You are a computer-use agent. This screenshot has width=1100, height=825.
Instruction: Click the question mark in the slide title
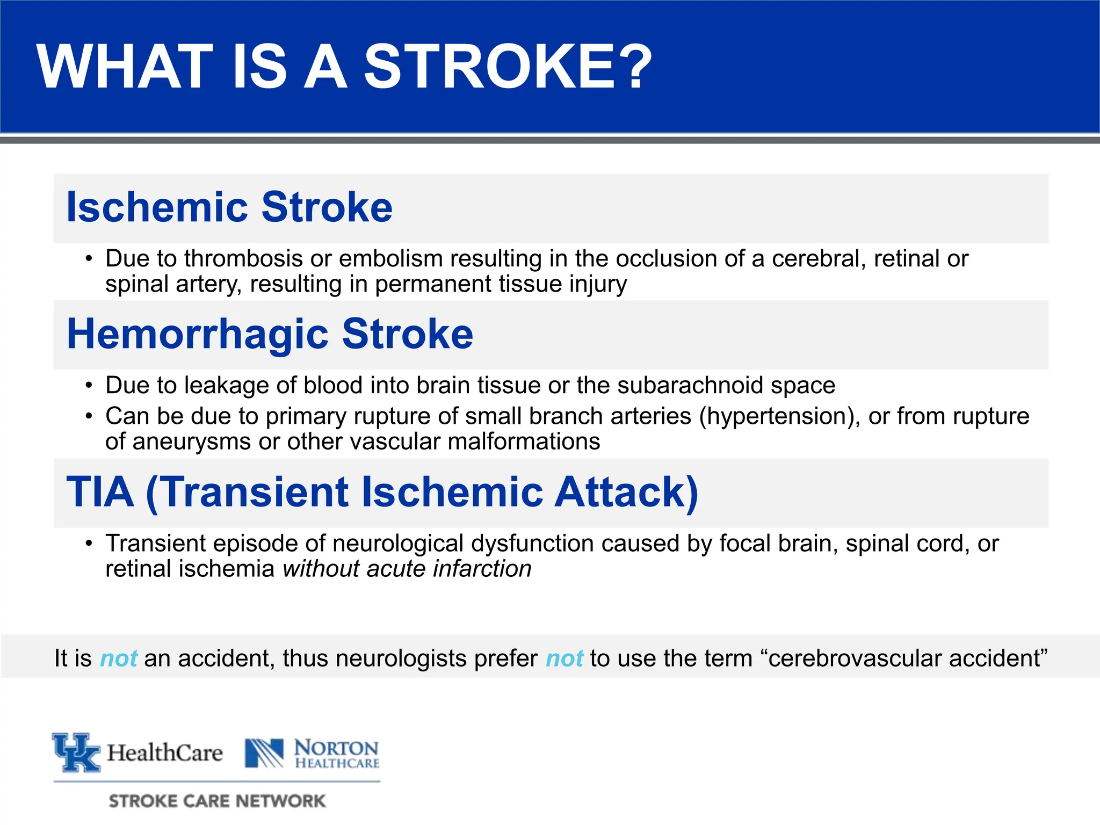click(x=635, y=67)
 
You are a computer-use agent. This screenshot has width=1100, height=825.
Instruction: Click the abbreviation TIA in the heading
click(x=100, y=491)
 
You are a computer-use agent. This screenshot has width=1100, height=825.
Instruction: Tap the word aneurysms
click(x=191, y=442)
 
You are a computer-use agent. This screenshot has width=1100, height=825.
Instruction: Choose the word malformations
click(x=523, y=442)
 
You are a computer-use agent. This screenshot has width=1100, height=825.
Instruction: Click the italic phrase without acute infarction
click(x=407, y=569)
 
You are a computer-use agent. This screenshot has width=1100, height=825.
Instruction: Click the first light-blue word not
click(x=118, y=658)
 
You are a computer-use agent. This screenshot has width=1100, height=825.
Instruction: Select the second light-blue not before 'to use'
click(x=564, y=658)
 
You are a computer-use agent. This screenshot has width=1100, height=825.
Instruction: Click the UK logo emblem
click(x=76, y=752)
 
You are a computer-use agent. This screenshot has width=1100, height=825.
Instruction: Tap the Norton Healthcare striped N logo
click(x=264, y=753)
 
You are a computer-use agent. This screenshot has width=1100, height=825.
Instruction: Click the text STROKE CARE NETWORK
click(x=217, y=801)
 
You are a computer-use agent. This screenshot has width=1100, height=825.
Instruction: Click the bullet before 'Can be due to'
click(x=89, y=416)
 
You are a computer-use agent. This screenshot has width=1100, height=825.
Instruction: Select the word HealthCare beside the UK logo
click(x=164, y=753)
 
